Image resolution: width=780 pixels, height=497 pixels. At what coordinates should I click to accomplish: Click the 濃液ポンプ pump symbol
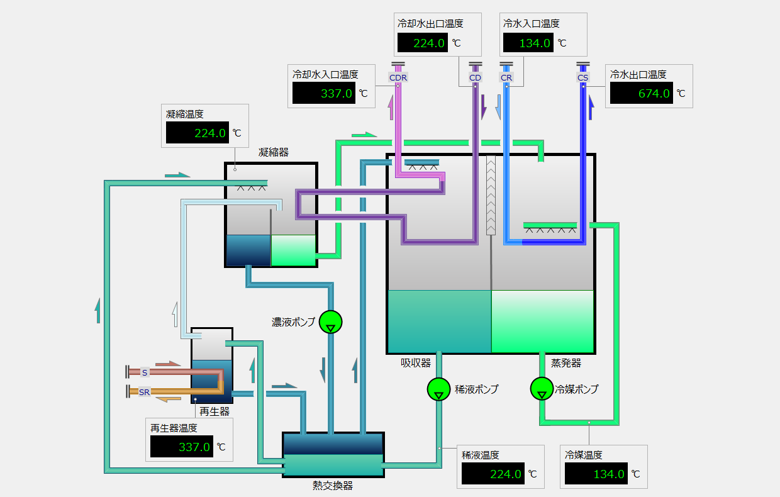pos(330,321)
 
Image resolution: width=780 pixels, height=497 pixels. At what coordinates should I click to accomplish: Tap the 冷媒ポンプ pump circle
pos(541,389)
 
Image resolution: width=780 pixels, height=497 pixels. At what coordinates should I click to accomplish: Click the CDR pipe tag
pos(398,77)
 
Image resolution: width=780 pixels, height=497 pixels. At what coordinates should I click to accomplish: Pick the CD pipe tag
pos(475,77)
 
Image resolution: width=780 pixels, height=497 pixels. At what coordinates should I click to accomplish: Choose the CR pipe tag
pos(506,77)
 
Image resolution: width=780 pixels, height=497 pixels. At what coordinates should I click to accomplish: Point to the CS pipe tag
pos(583,77)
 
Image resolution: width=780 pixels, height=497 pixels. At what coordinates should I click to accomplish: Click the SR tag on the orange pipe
pos(145,392)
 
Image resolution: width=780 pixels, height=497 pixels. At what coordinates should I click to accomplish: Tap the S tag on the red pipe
pos(145,372)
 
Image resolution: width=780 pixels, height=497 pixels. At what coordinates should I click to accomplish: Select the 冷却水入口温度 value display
pos(323,93)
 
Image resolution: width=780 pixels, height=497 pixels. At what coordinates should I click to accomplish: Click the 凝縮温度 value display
pos(196,133)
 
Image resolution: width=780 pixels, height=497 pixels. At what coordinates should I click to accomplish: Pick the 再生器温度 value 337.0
pos(181,447)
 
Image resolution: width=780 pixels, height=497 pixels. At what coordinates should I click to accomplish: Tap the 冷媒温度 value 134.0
pos(596,474)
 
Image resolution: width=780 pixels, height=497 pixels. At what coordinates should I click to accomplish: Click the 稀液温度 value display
pos(493,474)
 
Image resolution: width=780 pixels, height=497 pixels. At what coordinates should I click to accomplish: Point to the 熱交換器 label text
pos(333,486)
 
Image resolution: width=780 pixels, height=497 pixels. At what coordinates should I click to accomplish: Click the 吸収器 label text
pos(416,363)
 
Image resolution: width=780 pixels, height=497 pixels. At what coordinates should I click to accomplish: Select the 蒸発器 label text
pos(566,363)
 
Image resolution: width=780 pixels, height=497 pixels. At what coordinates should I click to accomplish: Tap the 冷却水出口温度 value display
pos(422,43)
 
